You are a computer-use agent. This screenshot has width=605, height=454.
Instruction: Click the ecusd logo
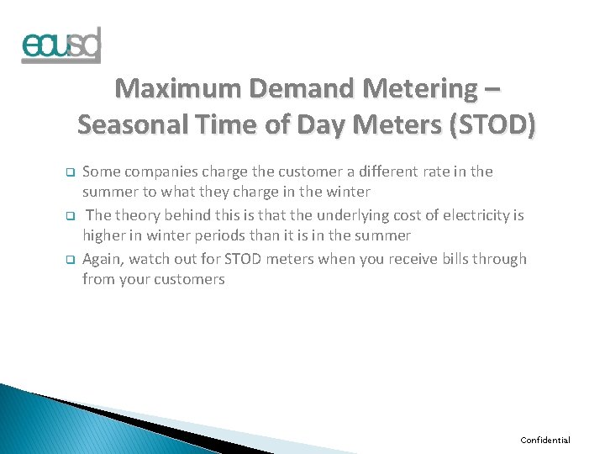point(60,45)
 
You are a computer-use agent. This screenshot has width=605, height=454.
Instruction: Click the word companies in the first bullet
point(165,172)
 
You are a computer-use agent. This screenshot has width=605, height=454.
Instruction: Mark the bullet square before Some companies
point(71,173)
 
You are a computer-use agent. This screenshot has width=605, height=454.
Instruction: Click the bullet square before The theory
point(71,217)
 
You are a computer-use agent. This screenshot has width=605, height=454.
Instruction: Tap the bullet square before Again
point(71,261)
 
